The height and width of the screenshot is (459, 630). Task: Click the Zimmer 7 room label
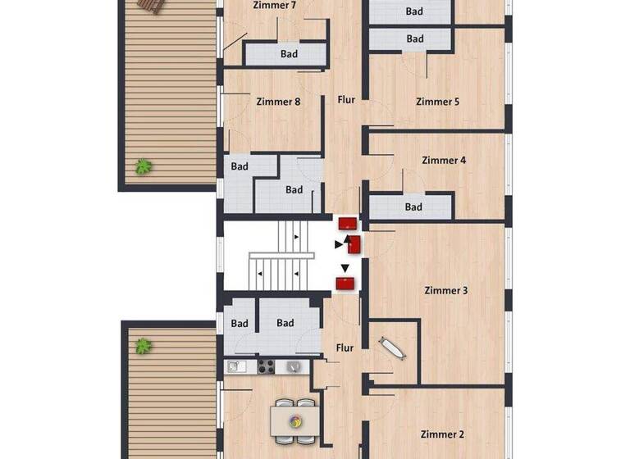[x=276, y=6]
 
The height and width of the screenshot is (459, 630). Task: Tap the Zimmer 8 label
[x=278, y=102]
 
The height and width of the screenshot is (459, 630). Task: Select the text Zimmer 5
[x=437, y=102]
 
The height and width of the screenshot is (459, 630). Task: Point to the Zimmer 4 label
[x=444, y=161]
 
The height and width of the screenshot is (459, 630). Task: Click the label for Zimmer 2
[x=442, y=434]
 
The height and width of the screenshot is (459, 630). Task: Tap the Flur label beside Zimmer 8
[x=346, y=100]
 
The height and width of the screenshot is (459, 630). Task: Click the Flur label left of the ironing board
[x=345, y=348]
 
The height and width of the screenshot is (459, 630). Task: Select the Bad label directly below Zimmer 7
[x=288, y=55]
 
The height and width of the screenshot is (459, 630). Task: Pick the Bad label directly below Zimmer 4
[x=413, y=207]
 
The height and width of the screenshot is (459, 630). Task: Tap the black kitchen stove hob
[x=267, y=367]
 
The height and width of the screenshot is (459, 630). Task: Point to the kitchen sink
[x=235, y=367]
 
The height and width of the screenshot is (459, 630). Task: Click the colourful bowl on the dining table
[x=294, y=422]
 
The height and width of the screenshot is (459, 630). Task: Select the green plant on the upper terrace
[x=144, y=166]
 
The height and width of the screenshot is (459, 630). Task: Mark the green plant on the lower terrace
[x=144, y=346]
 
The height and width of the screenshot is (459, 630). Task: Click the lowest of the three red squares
[x=346, y=284]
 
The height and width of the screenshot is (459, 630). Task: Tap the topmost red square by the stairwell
[x=347, y=223]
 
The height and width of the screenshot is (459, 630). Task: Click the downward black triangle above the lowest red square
[x=345, y=268]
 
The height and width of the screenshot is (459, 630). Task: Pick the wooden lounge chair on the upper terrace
[x=151, y=6]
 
